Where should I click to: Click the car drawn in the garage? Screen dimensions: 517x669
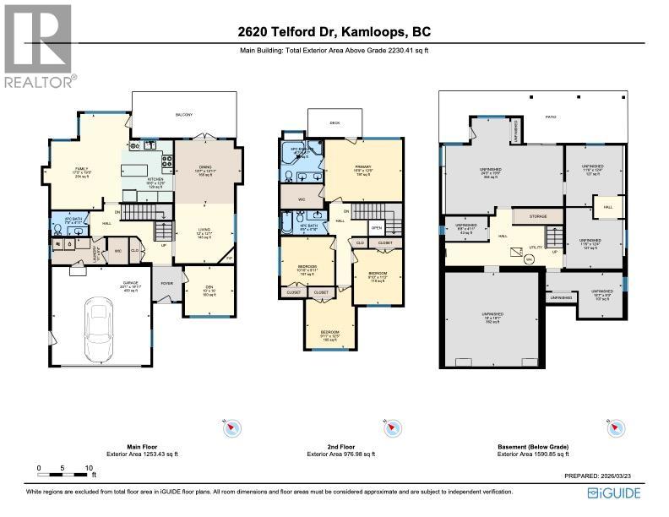click(99, 324)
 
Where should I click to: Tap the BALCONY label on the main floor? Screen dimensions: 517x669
click(183, 114)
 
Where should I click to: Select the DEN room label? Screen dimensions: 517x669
click(208, 288)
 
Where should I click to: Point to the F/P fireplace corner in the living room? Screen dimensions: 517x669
click(228, 259)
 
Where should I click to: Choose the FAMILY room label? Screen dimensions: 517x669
click(83, 169)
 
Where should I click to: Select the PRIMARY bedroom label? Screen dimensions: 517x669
click(363, 167)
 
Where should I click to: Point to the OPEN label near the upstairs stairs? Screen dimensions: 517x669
click(376, 227)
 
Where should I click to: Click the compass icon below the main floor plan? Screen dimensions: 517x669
click(232, 428)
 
